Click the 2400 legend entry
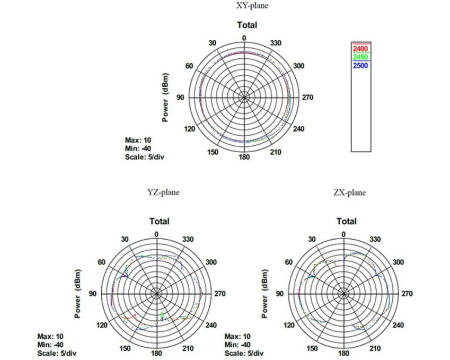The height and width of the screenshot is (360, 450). tap(360, 49)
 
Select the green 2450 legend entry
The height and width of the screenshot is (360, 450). tap(360, 57)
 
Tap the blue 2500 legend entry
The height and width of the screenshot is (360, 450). tap(360, 65)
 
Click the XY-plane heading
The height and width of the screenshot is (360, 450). tap(252, 5)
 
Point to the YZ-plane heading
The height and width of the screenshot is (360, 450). tap(163, 192)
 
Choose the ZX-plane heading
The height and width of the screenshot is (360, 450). tap(350, 192)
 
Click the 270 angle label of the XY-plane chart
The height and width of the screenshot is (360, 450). tap(307, 98)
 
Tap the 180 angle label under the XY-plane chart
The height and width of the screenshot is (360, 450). tap(244, 157)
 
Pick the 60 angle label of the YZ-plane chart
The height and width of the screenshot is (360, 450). tap(102, 262)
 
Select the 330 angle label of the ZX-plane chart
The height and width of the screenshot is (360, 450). tap(375, 239)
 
